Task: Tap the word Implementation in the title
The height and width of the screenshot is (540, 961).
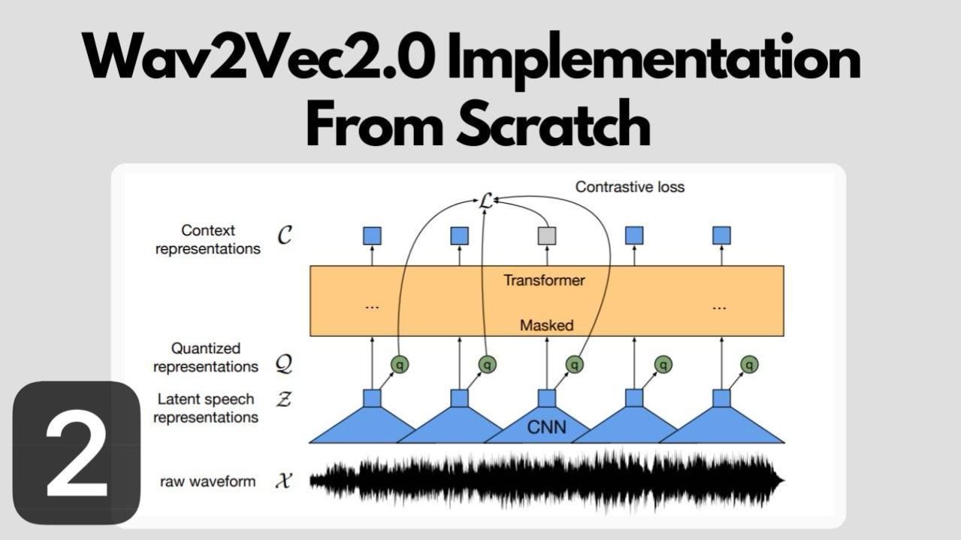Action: (654, 59)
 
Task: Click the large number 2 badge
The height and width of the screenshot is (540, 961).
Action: (76, 454)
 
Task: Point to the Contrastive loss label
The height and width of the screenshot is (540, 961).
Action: (630, 187)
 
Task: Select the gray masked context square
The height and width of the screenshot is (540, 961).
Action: (547, 235)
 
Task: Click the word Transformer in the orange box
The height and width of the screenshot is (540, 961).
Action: (544, 281)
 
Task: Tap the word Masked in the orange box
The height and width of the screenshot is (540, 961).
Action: (546, 326)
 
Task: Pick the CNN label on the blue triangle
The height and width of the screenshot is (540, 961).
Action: (546, 428)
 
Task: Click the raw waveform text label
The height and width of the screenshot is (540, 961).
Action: (207, 481)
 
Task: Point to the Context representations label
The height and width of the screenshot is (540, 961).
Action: (207, 239)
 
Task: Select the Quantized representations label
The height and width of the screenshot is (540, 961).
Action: (205, 357)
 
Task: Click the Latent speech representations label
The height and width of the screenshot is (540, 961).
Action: (205, 408)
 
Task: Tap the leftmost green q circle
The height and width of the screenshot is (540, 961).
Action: (400, 365)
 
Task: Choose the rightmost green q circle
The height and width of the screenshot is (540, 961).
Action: (749, 365)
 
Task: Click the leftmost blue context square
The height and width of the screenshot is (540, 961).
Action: (372, 235)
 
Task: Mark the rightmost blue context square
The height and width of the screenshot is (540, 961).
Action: (721, 235)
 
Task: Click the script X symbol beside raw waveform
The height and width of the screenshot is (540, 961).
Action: (283, 481)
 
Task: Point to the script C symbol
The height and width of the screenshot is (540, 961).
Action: (285, 236)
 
